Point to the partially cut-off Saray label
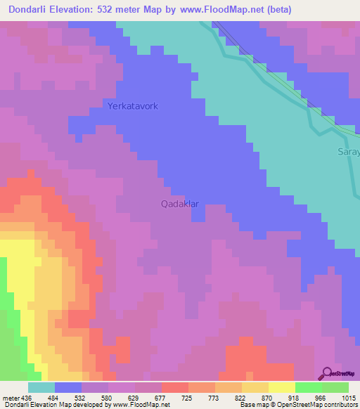pyautogui.click(x=348, y=152)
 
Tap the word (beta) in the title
pyautogui.click(x=276, y=10)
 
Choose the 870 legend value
pyautogui.click(x=269, y=398)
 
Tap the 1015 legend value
pyautogui.click(x=349, y=398)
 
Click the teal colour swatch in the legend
pyautogui.click(x=41, y=387)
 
